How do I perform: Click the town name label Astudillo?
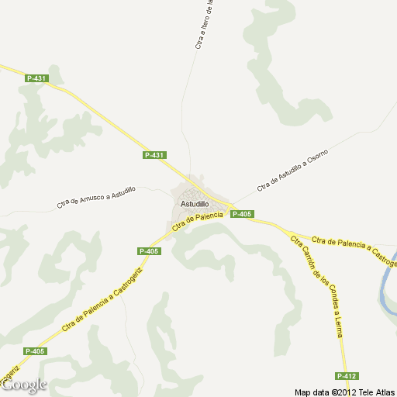(x=195, y=204)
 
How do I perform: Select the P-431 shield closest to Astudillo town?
(x=154, y=155)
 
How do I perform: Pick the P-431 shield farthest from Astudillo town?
(x=36, y=78)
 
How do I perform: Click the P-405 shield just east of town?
(x=242, y=214)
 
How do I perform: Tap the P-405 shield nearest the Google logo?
(x=35, y=351)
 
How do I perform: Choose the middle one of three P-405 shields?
(x=149, y=251)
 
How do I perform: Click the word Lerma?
(x=337, y=326)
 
